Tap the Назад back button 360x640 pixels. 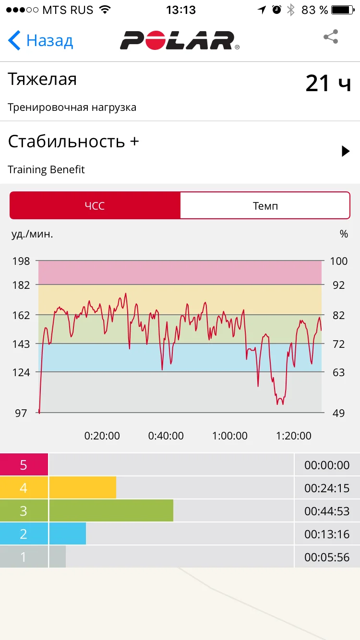click(x=41, y=41)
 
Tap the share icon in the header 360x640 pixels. click(x=331, y=37)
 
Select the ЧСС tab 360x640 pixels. click(x=95, y=206)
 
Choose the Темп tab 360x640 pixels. click(x=265, y=206)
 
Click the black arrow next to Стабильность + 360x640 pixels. click(x=345, y=151)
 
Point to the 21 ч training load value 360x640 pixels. click(x=328, y=83)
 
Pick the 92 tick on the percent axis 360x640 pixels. click(x=338, y=285)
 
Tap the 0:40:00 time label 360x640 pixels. click(x=166, y=436)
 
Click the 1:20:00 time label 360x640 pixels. click(x=294, y=436)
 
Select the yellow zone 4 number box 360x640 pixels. click(x=24, y=488)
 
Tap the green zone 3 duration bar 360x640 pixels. click(x=111, y=511)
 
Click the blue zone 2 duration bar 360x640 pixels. click(x=67, y=534)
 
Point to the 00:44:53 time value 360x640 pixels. click(x=327, y=511)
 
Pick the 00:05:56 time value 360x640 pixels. click(x=327, y=557)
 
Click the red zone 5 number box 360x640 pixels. click(x=24, y=465)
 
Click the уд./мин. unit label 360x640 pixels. click(x=32, y=234)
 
